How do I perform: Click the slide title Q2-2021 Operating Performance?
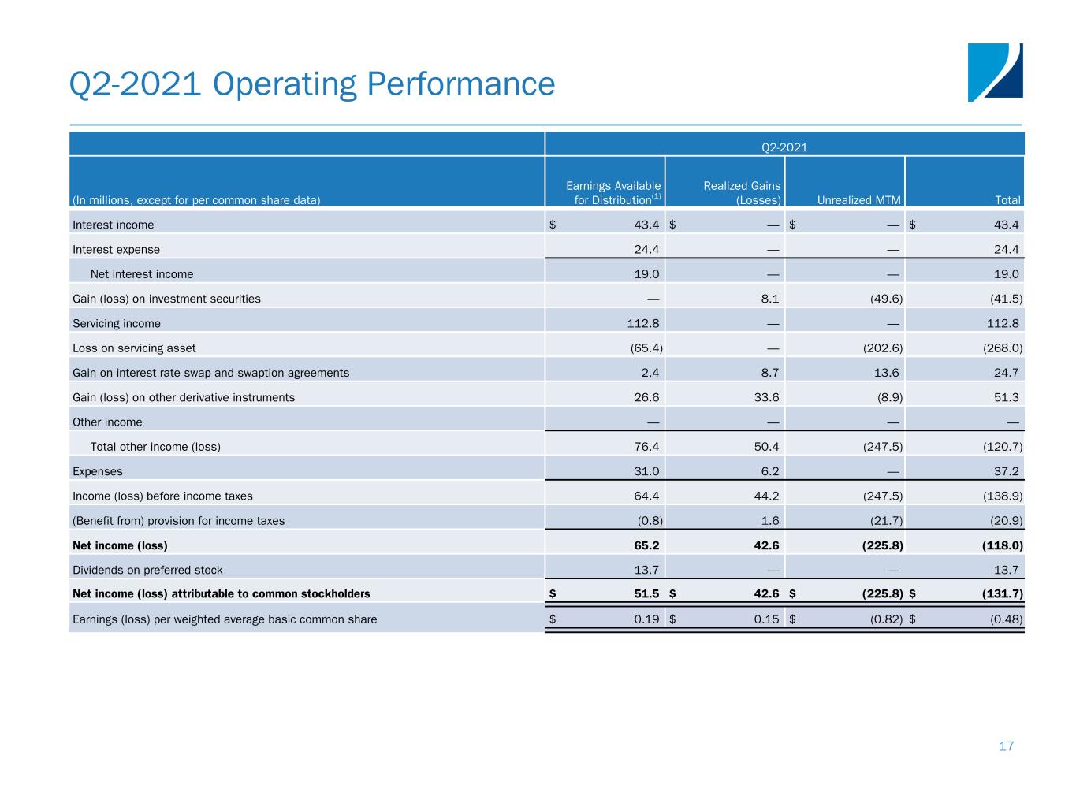312,84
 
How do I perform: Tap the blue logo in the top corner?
995,73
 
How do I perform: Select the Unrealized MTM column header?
858,200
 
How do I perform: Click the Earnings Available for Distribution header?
612,193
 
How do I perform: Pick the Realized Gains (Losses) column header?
742,193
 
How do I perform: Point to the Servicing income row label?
117,323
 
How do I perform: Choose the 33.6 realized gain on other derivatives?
766,397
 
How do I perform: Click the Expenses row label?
98,471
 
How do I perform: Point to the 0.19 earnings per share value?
646,619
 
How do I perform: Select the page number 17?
1006,746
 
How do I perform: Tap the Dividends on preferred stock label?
147,570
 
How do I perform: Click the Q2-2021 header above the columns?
784,147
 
